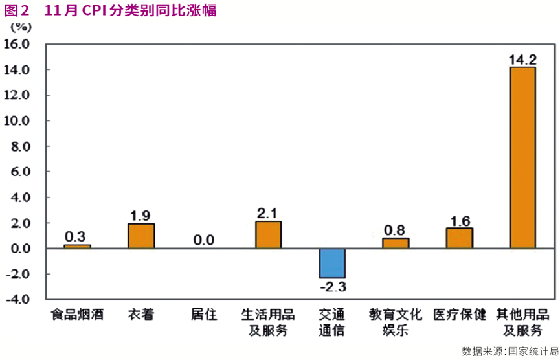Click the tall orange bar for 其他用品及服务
pos(522,157)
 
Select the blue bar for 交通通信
pos(332,263)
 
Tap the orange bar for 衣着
pos(141,236)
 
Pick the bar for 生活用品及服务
pos(268,234)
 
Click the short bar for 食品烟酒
pos(77,246)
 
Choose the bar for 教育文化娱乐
pos(396,243)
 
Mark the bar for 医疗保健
pos(459,238)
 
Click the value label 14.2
pos(522,60)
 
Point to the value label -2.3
pos(333,286)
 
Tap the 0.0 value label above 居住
pos(204,240)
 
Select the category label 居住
pos(204,315)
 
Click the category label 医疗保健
pos(459,315)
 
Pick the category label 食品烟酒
pos(77,315)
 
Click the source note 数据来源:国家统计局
pos(510,351)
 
